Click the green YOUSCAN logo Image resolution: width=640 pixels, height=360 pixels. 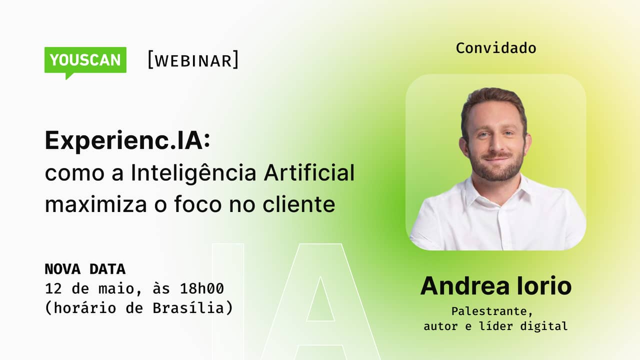coord(85,60)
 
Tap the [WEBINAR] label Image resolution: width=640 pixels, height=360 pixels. coord(193,60)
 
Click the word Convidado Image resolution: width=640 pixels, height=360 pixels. coord(495,48)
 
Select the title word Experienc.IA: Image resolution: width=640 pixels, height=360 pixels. coord(127,141)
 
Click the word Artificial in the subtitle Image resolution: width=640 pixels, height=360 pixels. coord(308,173)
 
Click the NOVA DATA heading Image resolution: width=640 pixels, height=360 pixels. coord(85,269)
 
